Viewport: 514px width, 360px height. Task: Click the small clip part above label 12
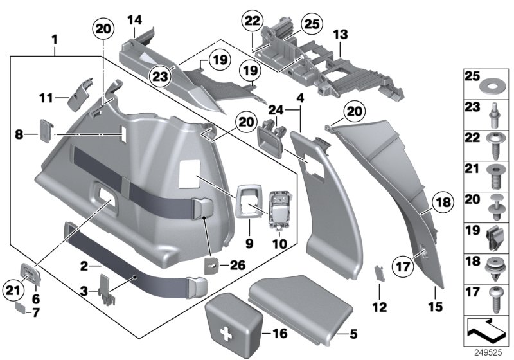(x=379, y=273)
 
